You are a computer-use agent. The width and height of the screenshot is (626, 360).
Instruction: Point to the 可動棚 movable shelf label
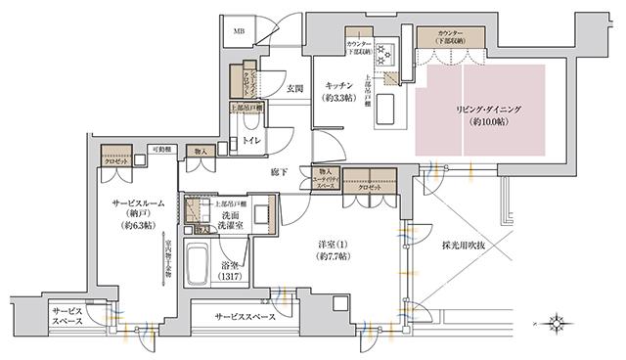161,150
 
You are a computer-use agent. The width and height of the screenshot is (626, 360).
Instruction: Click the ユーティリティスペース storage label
325,180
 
